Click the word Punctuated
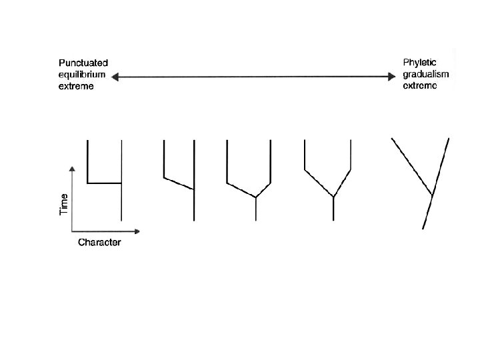83,62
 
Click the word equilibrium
81,74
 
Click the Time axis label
63,204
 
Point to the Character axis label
99,242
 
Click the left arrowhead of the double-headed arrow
115,77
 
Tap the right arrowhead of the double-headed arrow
393,77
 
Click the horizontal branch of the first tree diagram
105,182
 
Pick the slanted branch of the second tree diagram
179,183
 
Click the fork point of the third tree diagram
256,197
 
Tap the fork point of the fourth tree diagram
333,197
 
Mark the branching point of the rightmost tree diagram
433,195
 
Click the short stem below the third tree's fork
256,209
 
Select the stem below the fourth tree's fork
333,209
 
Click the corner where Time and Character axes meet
71,231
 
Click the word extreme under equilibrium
75,86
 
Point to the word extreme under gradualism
419,86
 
